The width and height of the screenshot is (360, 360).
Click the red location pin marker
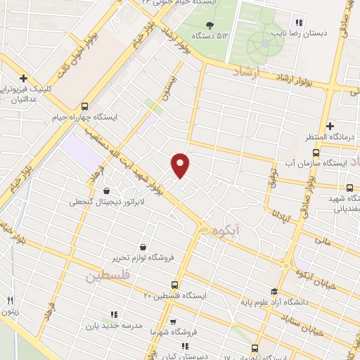(181, 165)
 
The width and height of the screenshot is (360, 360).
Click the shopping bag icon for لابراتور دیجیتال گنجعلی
(106, 191)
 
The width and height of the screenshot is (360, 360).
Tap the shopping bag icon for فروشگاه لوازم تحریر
(143, 247)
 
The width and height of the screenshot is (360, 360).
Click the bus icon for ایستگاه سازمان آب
(316, 152)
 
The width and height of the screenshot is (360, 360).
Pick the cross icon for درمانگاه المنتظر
(329, 125)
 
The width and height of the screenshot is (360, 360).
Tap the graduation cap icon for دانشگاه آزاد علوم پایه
(273, 292)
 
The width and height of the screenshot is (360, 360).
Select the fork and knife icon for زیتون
(10, 302)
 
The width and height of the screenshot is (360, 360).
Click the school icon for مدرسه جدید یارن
(112, 314)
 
